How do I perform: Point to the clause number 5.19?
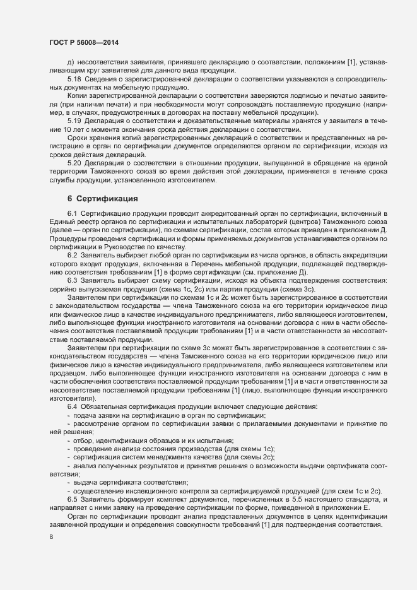(x=74, y=121)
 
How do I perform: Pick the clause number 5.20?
(x=74, y=163)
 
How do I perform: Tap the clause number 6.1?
(x=72, y=215)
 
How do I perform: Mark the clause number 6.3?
(x=72, y=280)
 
